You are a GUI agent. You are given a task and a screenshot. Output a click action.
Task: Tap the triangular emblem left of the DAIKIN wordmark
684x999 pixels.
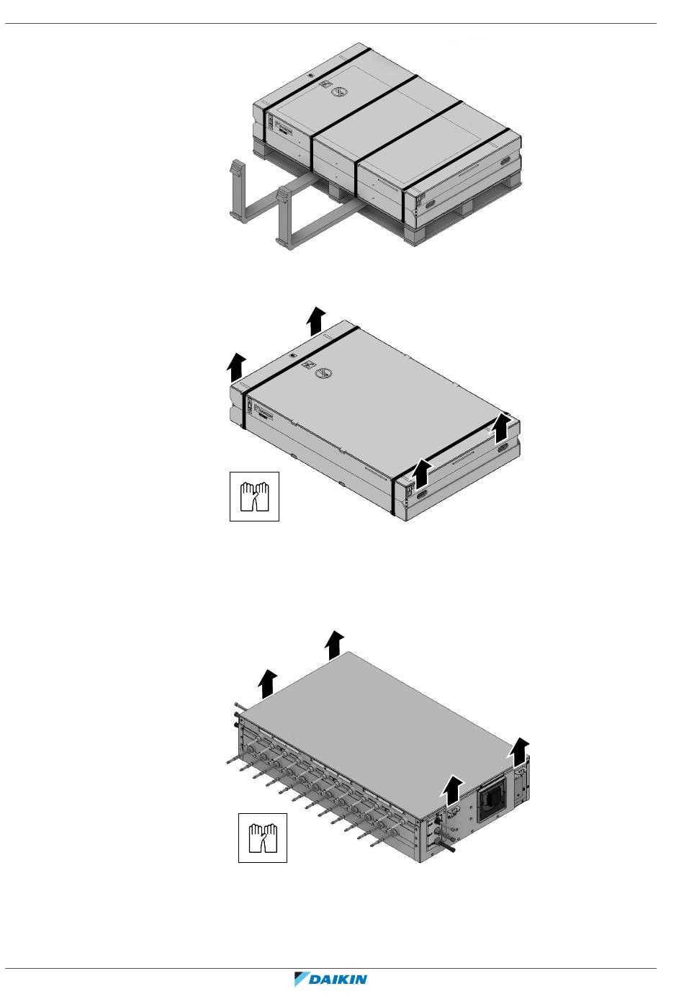(x=301, y=980)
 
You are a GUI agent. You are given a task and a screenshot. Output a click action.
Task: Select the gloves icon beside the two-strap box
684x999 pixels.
(x=253, y=496)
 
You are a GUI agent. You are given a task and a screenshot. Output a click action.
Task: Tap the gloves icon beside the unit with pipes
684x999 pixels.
(x=263, y=837)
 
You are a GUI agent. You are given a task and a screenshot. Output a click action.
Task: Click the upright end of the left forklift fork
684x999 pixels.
(x=235, y=172)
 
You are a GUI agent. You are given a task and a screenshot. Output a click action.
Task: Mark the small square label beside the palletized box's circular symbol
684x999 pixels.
(x=325, y=85)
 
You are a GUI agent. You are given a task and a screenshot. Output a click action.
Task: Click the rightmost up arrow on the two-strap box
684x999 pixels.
(x=503, y=429)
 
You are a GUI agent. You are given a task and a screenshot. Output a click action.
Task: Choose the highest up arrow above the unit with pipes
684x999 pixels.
(x=333, y=643)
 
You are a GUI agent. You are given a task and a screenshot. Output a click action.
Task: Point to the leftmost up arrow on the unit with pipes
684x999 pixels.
(x=267, y=682)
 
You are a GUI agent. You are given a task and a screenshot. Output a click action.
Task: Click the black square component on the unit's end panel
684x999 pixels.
(x=494, y=803)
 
